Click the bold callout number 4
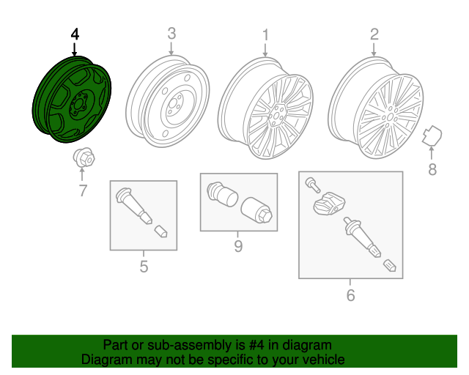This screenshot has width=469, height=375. click(x=75, y=34)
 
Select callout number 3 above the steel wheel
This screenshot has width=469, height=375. click(x=171, y=34)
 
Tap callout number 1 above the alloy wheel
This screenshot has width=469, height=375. click(x=265, y=35)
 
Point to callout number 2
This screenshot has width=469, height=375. click(x=374, y=34)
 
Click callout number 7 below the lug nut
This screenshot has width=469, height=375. click(x=83, y=190)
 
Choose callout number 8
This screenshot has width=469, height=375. click(x=432, y=170)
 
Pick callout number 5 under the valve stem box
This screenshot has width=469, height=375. click(x=144, y=267)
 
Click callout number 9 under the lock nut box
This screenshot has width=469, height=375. click(x=238, y=246)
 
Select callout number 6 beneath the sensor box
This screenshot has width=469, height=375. click(x=350, y=295)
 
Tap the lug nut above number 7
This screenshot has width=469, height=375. click(x=84, y=157)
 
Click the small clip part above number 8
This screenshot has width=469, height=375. click(x=432, y=136)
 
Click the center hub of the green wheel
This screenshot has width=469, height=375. click(x=78, y=105)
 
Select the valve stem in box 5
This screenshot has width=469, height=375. click(x=133, y=205)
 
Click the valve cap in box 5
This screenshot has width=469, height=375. click(x=161, y=231)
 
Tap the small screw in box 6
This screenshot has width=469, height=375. click(x=313, y=185)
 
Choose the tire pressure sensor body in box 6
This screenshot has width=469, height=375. click(x=329, y=204)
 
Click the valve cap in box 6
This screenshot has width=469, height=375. click(x=390, y=265)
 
